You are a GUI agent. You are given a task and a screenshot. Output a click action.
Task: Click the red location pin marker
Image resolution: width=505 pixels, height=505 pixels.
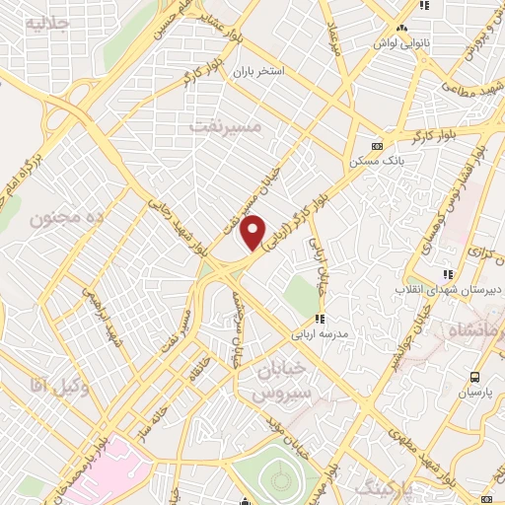click(253, 231)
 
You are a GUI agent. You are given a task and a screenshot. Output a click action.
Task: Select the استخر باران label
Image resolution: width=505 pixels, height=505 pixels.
click(258, 72)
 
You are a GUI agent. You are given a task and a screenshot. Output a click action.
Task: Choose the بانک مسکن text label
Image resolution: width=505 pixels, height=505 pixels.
click(374, 159)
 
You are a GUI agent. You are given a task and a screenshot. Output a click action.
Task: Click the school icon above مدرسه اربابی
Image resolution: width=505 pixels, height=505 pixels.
click(319, 319)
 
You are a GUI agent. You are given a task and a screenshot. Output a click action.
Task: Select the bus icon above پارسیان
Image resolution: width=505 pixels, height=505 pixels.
click(474, 377)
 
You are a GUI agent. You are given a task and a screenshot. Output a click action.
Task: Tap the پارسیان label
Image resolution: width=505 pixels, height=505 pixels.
click(474, 393)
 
